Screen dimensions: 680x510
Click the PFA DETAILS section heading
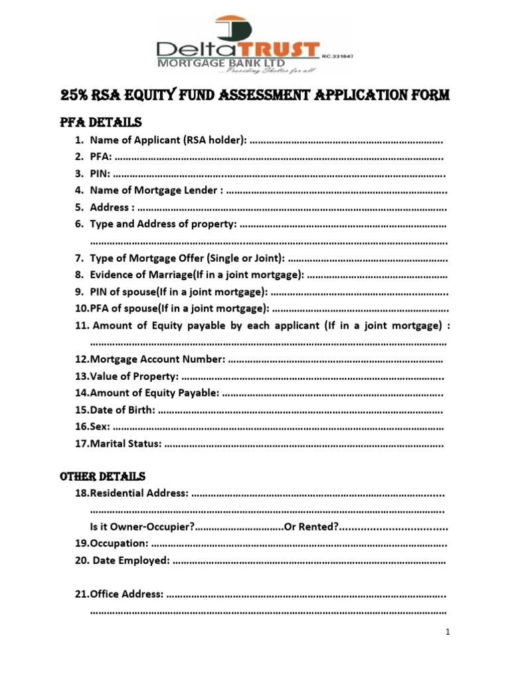101,123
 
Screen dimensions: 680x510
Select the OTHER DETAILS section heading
102,477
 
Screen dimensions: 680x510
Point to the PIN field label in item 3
100,174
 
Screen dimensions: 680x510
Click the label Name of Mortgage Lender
156,191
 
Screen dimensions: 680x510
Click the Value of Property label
133,377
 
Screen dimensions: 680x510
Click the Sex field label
100,426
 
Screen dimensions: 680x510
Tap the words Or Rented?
312,527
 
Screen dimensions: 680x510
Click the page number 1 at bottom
449,632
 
